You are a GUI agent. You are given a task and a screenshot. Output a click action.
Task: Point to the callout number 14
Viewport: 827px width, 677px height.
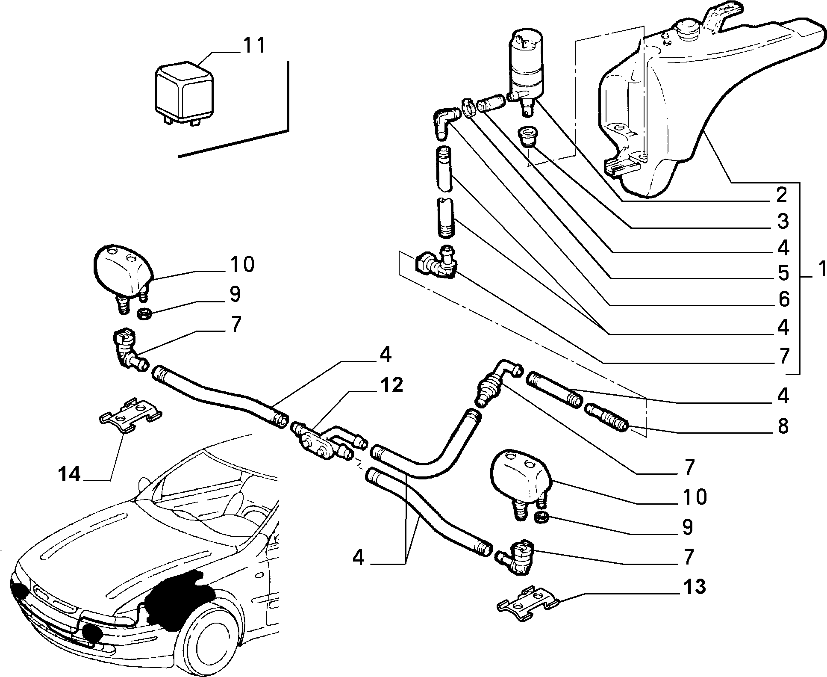point(69,474)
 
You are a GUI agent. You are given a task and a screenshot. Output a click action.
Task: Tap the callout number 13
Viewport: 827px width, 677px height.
point(694,587)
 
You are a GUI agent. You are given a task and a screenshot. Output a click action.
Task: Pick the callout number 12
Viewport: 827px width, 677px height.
point(391,386)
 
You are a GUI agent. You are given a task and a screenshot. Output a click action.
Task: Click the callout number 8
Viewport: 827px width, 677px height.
point(783,426)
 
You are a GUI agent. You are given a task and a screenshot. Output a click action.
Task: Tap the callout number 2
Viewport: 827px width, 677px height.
point(782,195)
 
